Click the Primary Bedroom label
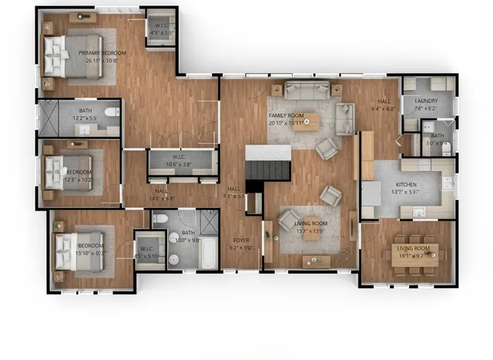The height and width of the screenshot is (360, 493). point(102,52)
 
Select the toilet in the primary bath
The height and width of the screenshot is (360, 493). point(112,114)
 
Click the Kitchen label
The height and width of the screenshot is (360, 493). point(406,185)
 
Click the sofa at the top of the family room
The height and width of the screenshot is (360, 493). point(307,89)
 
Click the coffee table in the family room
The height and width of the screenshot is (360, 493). point(307,121)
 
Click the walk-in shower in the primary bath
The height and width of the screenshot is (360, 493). point(55,118)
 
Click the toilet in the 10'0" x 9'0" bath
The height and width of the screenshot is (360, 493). point(160,220)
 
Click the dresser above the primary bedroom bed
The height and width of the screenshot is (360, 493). point(78,17)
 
